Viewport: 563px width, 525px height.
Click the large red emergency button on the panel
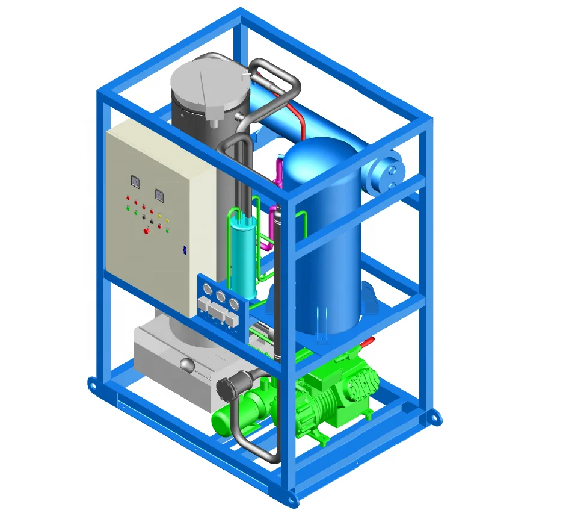[x=146, y=231]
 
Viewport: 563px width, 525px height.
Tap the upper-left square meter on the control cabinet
[x=134, y=180]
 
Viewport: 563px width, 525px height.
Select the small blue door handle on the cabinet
[x=185, y=248]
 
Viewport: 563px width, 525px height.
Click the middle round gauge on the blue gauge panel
[x=221, y=296]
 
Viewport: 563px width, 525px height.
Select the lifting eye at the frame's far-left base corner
[x=92, y=384]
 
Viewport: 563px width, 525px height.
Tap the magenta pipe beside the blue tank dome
[x=278, y=172]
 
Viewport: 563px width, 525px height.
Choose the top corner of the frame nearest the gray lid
[x=241, y=13]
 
